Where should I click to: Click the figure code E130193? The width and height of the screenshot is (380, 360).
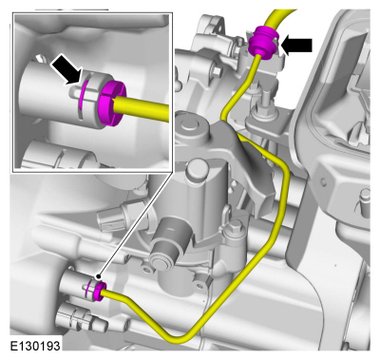pos(35,346)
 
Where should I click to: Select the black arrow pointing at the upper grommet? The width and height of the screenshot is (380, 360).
pos(296,46)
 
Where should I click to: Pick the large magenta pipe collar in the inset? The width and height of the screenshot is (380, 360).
pos(112,103)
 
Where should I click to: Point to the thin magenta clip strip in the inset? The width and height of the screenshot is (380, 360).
pos(82,95)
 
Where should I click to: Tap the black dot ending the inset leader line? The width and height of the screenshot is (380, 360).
pos(99,276)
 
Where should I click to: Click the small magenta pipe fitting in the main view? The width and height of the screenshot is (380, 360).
pos(98,290)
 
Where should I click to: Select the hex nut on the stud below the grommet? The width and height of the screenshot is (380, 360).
pos(263,111)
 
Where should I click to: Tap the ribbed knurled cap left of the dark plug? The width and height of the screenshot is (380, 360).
pos(110,219)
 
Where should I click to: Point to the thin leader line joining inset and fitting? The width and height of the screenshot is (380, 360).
pos(136,224)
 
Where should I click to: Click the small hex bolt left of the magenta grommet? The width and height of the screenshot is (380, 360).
pos(218,72)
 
